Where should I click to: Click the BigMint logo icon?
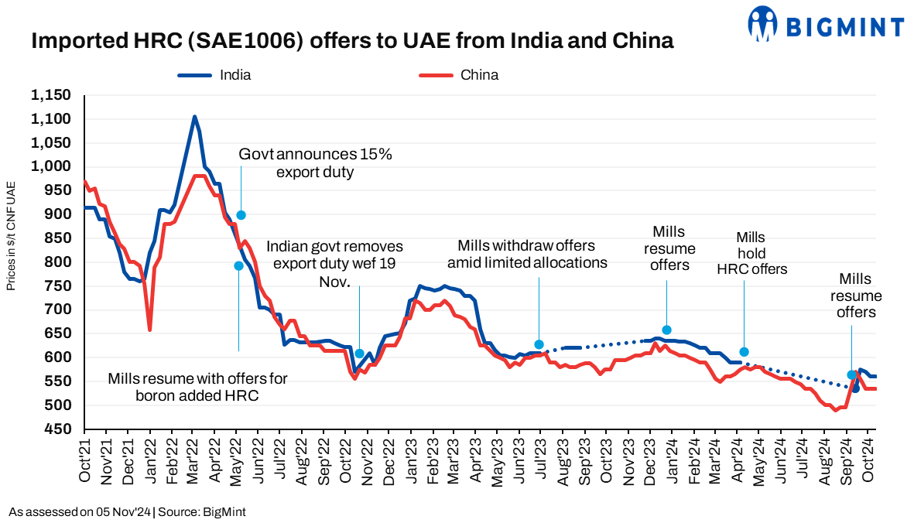click(x=762, y=24)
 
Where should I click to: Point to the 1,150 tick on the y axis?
click(x=50, y=95)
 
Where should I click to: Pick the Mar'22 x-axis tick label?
click(x=193, y=460)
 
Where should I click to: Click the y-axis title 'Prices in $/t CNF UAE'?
click(x=11, y=235)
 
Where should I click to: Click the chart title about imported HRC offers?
click(x=352, y=42)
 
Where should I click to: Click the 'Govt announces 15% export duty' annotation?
click(x=315, y=162)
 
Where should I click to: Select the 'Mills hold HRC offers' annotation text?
click(x=751, y=252)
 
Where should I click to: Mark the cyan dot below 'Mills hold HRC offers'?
click(x=744, y=352)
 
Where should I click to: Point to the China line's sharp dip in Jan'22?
click(x=149, y=330)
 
